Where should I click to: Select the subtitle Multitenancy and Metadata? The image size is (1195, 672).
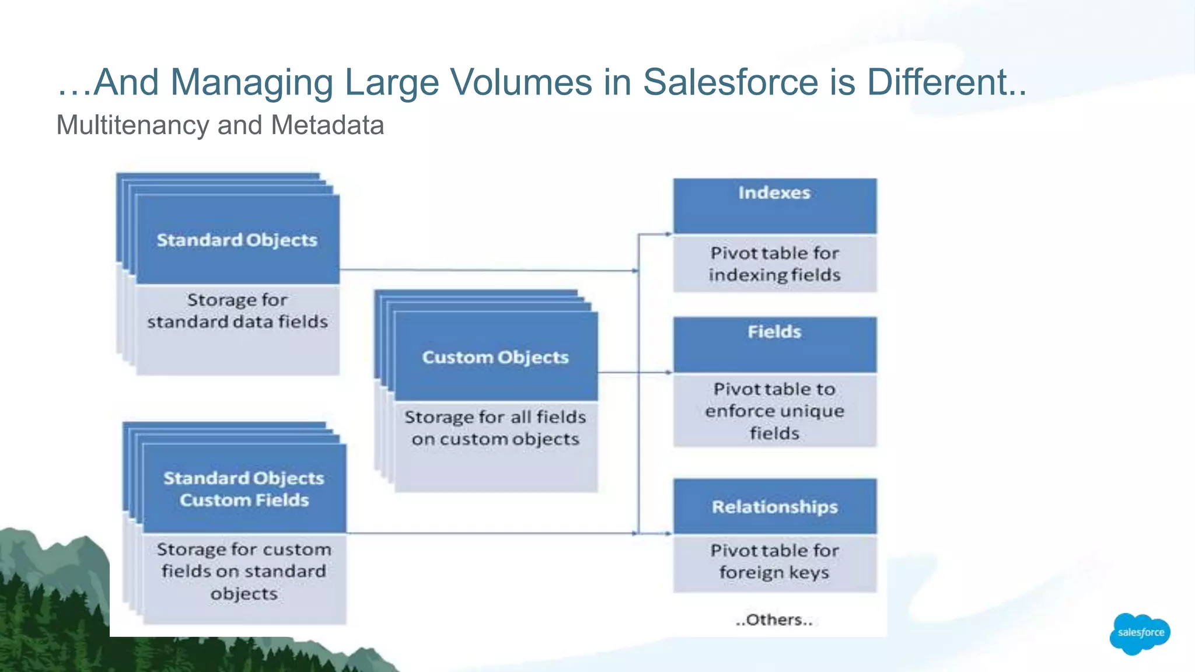pos(220,125)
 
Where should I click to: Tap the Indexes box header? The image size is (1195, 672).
pos(774,193)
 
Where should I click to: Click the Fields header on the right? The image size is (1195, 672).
pos(774,332)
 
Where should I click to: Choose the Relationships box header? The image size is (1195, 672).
pos(774,506)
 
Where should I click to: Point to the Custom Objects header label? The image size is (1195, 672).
pos(495,357)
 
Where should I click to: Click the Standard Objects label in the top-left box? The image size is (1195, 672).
pos(237,240)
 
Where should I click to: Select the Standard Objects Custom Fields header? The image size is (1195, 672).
pos(244,489)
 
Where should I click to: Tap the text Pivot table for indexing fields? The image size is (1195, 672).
pos(774,264)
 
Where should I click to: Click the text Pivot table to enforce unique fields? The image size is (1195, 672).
pos(774,411)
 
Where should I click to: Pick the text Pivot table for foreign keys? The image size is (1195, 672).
pos(774,561)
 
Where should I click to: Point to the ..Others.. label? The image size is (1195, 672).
pos(774,619)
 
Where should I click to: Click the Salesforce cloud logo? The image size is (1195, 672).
pos(1140,633)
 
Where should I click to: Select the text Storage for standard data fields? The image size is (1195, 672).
pos(237,310)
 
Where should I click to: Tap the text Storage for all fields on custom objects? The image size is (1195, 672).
pos(495,428)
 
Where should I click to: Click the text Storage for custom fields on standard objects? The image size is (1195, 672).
pos(244,571)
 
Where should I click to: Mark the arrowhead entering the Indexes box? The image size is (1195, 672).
pos(669,234)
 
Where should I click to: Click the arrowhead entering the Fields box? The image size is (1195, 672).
pos(669,372)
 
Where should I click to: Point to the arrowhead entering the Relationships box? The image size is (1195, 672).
pos(669,533)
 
